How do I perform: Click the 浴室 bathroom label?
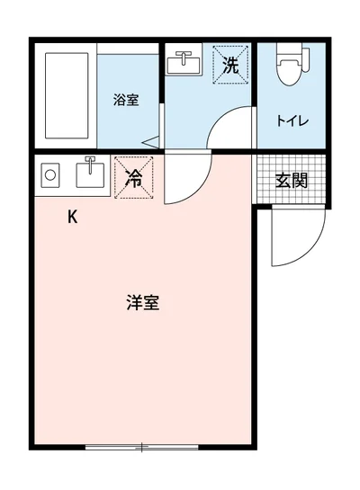coord(126,100)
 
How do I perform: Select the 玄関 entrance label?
coord(291,179)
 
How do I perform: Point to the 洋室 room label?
coord(142,303)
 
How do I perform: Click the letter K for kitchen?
coord(73,217)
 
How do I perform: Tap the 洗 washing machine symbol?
coord(230,65)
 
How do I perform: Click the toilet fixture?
coord(289,72)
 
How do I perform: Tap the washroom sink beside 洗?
coord(185,65)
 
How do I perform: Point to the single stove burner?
coord(49,176)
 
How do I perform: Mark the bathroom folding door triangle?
coord(149,141)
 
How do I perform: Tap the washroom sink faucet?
coord(185,56)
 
